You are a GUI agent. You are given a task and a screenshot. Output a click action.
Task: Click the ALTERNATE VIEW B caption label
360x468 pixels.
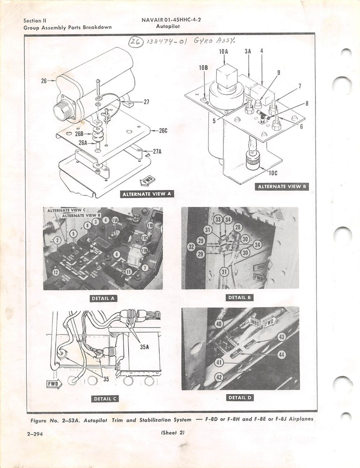282,187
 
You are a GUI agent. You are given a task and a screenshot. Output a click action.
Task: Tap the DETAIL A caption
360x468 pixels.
103,298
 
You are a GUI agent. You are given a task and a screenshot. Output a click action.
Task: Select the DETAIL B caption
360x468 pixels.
240,298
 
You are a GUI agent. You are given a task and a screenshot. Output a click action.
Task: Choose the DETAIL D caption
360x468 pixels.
240,398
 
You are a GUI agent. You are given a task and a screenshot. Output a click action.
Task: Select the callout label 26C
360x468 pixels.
162,131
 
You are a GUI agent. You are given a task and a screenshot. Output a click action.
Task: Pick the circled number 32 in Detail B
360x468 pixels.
191,246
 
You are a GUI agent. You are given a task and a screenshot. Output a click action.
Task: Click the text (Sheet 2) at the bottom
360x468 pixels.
173,433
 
